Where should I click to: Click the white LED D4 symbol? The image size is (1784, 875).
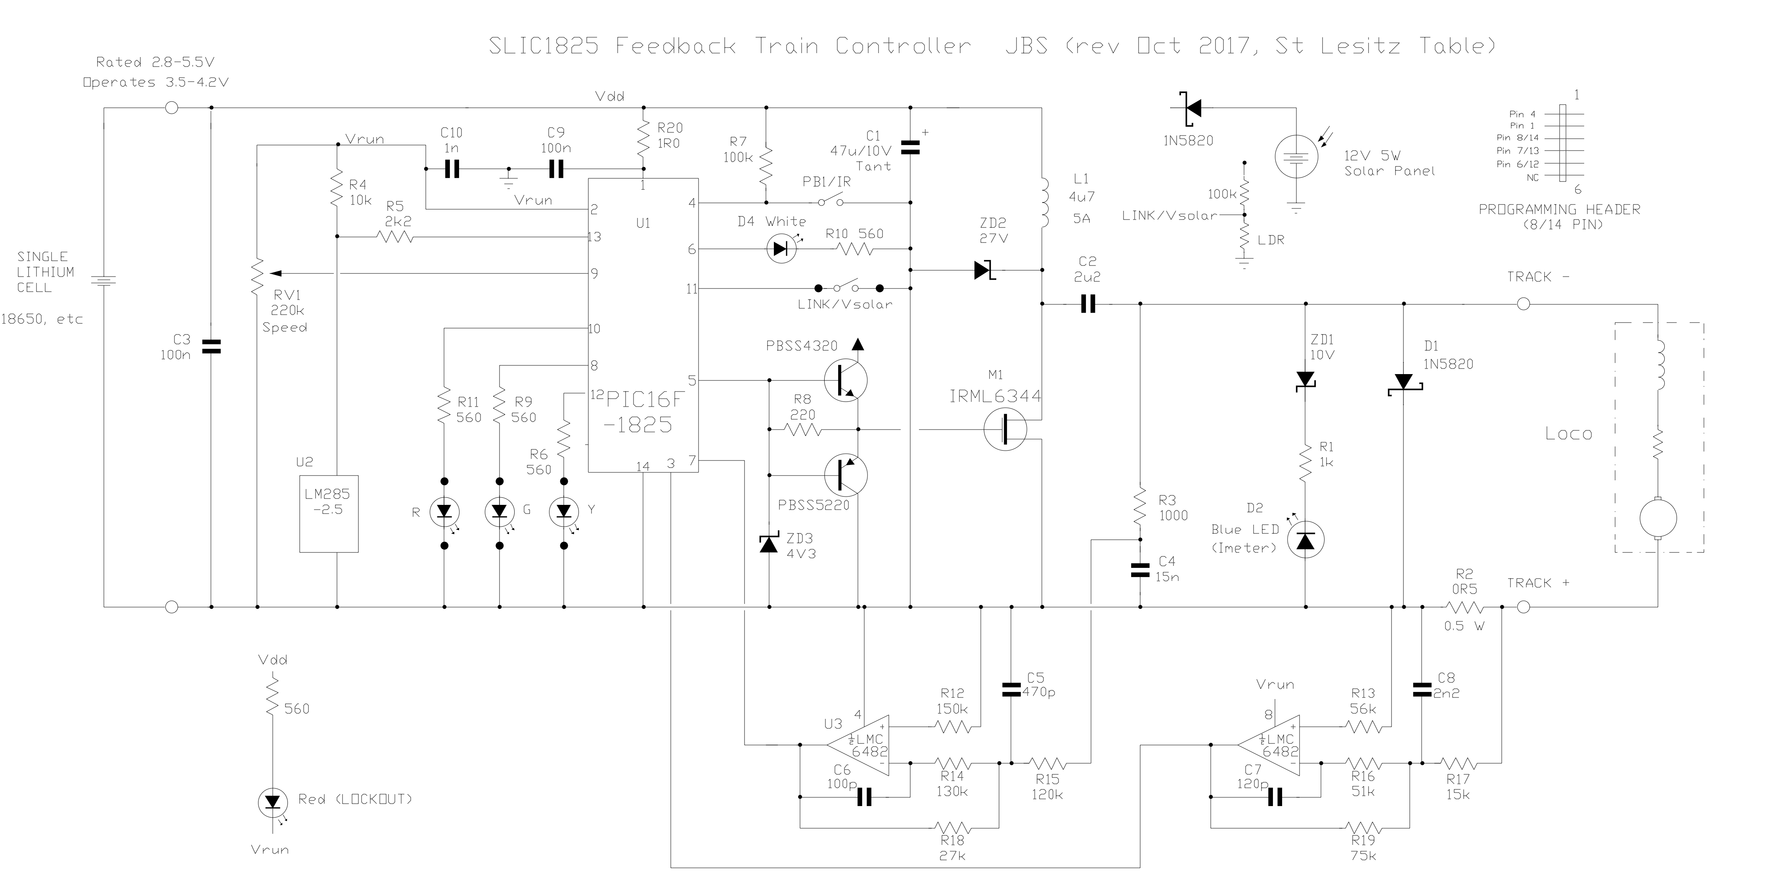pyautogui.click(x=782, y=248)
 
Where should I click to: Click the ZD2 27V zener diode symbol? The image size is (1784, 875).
pyautogui.click(x=984, y=270)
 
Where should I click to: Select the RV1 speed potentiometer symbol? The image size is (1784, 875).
pyautogui.click(x=258, y=275)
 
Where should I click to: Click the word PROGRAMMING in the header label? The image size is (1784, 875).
pyautogui.click(x=1520, y=209)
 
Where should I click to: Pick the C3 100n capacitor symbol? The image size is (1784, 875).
pyautogui.click(x=211, y=346)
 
